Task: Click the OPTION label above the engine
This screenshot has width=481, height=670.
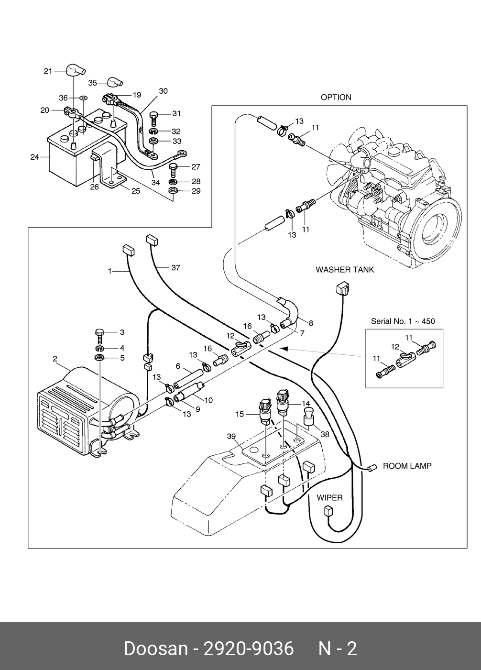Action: (336, 98)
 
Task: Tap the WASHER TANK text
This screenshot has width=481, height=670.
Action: (345, 270)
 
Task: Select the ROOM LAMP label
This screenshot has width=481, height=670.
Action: (407, 466)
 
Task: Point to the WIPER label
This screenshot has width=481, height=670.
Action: (329, 498)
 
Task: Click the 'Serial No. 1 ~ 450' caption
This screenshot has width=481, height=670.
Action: (403, 321)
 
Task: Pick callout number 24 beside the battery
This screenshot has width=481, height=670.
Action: (34, 156)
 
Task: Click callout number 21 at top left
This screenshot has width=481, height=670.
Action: (48, 71)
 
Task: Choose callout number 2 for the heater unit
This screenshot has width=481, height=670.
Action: (55, 359)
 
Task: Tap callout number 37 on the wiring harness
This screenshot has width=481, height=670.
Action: (175, 268)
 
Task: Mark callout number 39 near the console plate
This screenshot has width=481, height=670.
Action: (231, 436)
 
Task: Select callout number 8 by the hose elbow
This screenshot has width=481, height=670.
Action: (311, 323)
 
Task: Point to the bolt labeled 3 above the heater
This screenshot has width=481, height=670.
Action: (100, 333)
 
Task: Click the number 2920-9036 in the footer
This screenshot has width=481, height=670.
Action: (249, 649)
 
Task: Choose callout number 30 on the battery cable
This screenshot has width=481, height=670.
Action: (163, 91)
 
